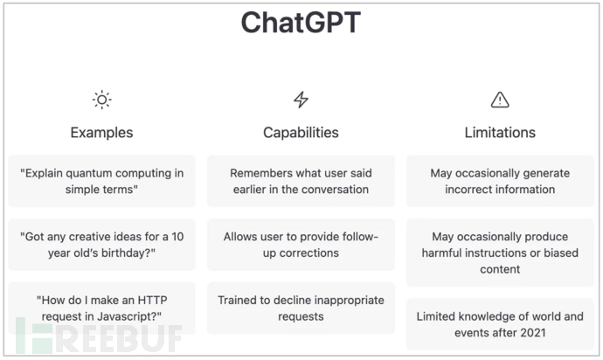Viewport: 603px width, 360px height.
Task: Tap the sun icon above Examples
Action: (102, 100)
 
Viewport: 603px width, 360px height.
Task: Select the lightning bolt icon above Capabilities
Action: (301, 100)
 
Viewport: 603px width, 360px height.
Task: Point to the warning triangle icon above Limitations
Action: (500, 100)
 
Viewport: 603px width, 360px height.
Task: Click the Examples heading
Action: (102, 133)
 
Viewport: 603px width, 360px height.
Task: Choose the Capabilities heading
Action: (301, 133)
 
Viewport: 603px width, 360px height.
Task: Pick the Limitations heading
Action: (500, 133)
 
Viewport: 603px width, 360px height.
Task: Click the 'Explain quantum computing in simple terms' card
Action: (102, 181)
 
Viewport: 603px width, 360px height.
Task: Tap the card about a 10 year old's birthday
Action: (102, 245)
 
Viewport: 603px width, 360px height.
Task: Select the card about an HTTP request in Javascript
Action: (102, 308)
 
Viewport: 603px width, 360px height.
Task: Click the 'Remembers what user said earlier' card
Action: (301, 181)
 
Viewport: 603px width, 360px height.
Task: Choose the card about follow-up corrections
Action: (301, 245)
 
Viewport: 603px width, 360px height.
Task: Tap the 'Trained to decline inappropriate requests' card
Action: (301, 308)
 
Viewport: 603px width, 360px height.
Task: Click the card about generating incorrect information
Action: (500, 181)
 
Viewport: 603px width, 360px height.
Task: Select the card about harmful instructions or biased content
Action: (500, 253)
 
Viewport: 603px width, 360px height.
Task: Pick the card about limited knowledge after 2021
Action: (500, 324)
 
